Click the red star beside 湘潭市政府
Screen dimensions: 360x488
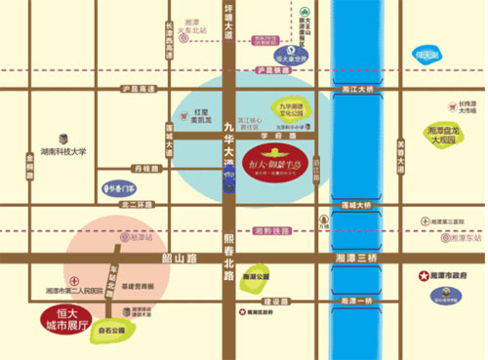click(424, 276)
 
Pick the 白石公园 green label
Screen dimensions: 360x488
click(113, 331)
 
